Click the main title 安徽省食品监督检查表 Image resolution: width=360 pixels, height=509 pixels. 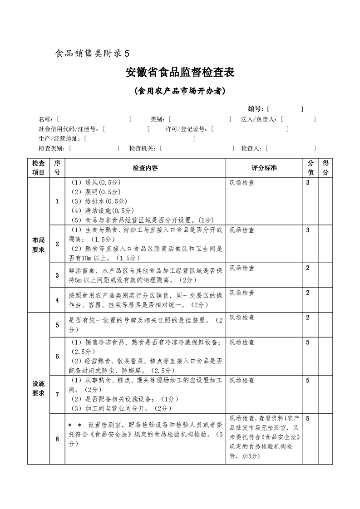pos(180,73)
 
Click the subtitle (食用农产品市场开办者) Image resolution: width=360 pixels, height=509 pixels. pos(180,91)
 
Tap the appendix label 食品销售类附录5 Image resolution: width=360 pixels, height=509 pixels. pos(92,53)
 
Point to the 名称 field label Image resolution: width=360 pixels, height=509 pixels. pos(46,119)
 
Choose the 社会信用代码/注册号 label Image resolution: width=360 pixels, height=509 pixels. pos(69,129)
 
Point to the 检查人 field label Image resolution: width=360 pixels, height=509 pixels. pos(252,148)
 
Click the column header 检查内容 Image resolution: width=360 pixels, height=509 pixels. pos(145,168)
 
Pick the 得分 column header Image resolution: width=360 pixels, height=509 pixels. pos(325,167)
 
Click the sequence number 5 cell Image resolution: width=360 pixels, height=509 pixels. pos(57,325)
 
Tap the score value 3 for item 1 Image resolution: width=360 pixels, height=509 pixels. pos(308,182)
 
